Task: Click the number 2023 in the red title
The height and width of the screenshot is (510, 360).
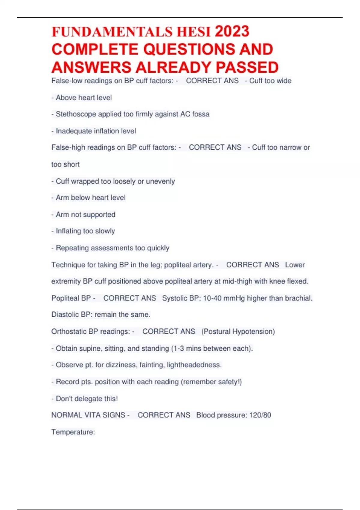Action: click(x=232, y=31)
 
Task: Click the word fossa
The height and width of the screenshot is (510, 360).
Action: click(x=201, y=114)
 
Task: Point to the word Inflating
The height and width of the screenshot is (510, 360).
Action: click(x=68, y=231)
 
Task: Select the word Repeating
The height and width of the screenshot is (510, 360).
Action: click(x=72, y=248)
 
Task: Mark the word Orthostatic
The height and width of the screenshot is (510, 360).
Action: click(x=69, y=331)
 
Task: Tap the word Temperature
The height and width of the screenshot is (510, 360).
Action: click(x=73, y=432)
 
